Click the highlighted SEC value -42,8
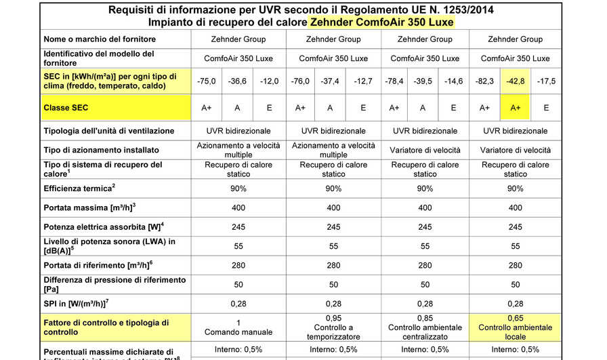(x=515, y=81)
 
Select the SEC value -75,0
(x=207, y=81)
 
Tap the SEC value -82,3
(x=484, y=81)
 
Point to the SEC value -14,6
(x=453, y=81)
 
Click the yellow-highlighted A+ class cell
(x=515, y=108)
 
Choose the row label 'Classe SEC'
(x=66, y=108)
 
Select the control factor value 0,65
(x=515, y=318)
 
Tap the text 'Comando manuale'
(x=239, y=332)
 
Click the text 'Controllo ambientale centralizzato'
(x=425, y=332)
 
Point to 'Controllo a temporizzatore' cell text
(x=333, y=332)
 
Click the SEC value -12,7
(x=363, y=81)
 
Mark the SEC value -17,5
(x=546, y=81)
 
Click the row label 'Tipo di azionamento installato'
(x=101, y=149)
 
